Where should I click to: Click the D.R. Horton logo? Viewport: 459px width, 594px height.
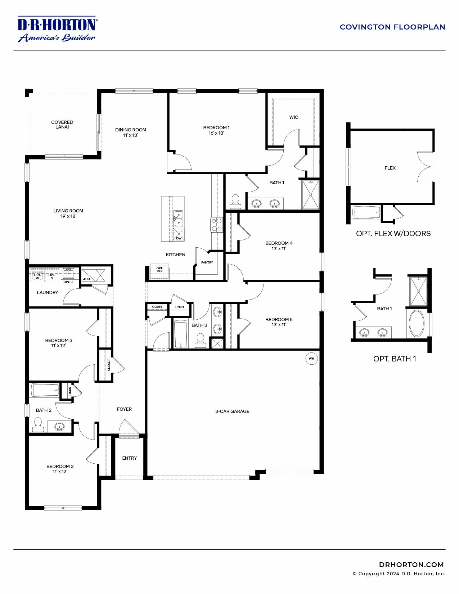pyautogui.click(x=57, y=29)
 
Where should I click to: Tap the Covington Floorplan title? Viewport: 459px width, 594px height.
pyautogui.click(x=392, y=27)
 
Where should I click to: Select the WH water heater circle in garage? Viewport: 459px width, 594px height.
pyautogui.click(x=311, y=359)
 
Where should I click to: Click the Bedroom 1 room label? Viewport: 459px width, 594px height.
pyautogui.click(x=216, y=127)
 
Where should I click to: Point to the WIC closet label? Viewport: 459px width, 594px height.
pyautogui.click(x=294, y=117)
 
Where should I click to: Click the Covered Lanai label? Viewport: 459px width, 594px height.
pyautogui.click(x=62, y=125)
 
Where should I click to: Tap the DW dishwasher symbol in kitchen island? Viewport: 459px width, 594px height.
pyautogui.click(x=179, y=238)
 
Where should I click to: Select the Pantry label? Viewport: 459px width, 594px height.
pyautogui.click(x=207, y=262)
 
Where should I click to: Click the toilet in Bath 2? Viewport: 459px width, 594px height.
pyautogui.click(x=38, y=424)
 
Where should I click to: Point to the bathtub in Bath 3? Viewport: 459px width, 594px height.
pyautogui.click(x=181, y=334)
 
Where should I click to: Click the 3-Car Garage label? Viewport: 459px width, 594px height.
pyautogui.click(x=232, y=411)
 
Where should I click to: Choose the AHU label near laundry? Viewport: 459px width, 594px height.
pyautogui.click(x=86, y=279)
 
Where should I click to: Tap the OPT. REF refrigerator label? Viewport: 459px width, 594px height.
pyautogui.click(x=159, y=270)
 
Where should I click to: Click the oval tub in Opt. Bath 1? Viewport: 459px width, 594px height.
pyautogui.click(x=417, y=323)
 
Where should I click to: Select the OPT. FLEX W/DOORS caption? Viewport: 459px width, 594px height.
pyautogui.click(x=393, y=233)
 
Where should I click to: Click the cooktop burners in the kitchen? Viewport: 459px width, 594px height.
pyautogui.click(x=216, y=225)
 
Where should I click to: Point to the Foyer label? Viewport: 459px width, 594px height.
pyautogui.click(x=124, y=409)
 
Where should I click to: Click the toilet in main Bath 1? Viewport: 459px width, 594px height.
pyautogui.click(x=235, y=202)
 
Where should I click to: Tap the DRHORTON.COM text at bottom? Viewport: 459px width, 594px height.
pyautogui.click(x=411, y=564)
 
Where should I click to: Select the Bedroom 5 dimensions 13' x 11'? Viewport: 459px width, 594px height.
pyautogui.click(x=279, y=324)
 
